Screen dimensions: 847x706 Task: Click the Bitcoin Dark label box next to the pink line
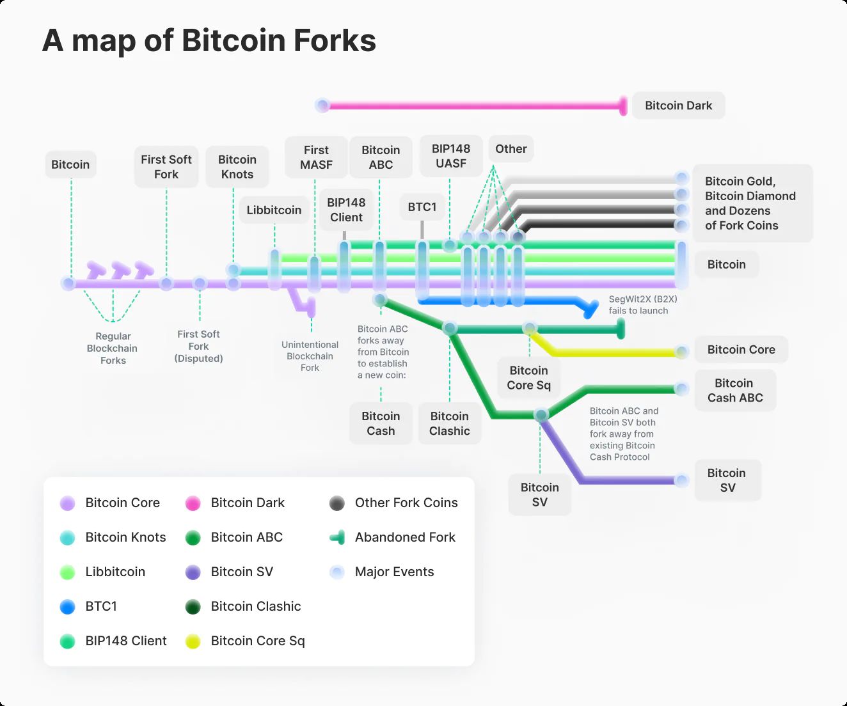click(678, 106)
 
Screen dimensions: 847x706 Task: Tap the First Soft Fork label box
click(166, 167)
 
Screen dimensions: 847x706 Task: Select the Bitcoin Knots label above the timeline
click(237, 167)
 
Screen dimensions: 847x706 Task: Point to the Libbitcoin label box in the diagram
click(274, 210)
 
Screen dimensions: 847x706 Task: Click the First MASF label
click(316, 157)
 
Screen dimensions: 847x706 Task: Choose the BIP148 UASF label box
click(451, 156)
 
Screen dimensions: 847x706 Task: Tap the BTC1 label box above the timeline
click(422, 207)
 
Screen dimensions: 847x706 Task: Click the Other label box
click(511, 149)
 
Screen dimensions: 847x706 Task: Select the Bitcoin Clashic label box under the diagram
click(450, 423)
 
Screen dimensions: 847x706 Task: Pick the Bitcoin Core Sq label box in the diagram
click(528, 377)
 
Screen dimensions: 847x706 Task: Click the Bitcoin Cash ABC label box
click(735, 390)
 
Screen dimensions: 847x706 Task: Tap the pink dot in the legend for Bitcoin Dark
click(193, 503)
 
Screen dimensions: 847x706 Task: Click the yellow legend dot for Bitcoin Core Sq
click(193, 641)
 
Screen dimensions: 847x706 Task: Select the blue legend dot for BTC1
click(67, 607)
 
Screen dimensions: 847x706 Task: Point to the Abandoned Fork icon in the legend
click(337, 538)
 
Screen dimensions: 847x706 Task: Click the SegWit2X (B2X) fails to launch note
click(643, 305)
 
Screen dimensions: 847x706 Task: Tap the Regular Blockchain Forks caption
click(113, 349)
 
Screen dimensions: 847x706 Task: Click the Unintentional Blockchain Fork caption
click(310, 356)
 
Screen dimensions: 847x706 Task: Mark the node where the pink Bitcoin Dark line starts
click(322, 106)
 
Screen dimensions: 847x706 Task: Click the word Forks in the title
click(335, 40)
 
